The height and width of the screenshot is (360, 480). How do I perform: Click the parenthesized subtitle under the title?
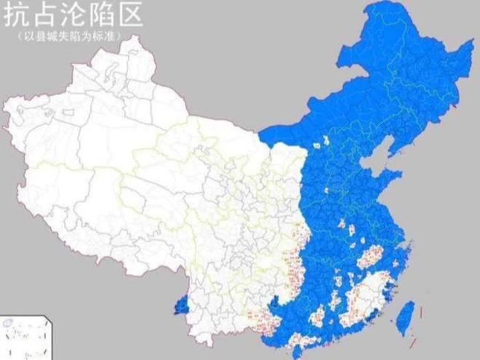(70, 36)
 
